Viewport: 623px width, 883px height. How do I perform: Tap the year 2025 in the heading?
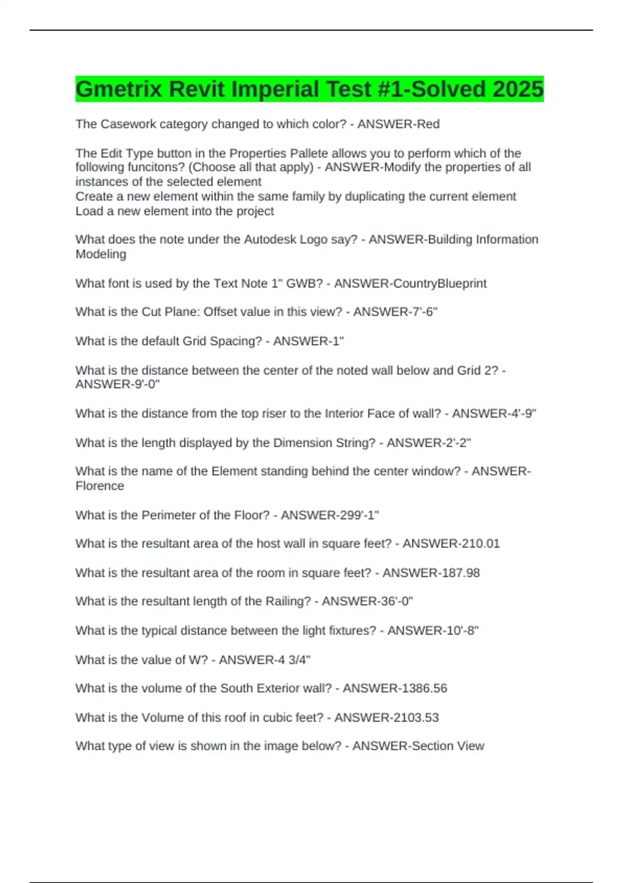[x=518, y=89]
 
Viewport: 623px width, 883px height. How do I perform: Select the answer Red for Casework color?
[x=428, y=124]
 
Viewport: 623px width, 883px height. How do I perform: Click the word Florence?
[x=100, y=486]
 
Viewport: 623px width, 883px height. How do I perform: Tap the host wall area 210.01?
[x=477, y=544]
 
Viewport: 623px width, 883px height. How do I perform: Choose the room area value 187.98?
[x=457, y=573]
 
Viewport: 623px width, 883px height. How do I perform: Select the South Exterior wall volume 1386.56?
[x=421, y=688]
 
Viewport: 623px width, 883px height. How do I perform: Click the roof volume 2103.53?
[x=413, y=718]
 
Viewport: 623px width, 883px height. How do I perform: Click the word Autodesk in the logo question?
[x=268, y=239]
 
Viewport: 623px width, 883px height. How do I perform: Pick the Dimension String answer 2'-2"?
[x=454, y=443]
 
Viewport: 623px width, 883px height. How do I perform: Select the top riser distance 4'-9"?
[x=520, y=413]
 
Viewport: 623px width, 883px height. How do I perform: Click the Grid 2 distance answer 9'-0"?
[x=143, y=384]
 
